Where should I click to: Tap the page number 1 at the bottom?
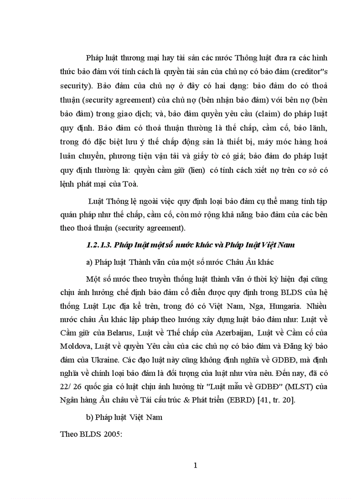(x=195, y=465)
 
